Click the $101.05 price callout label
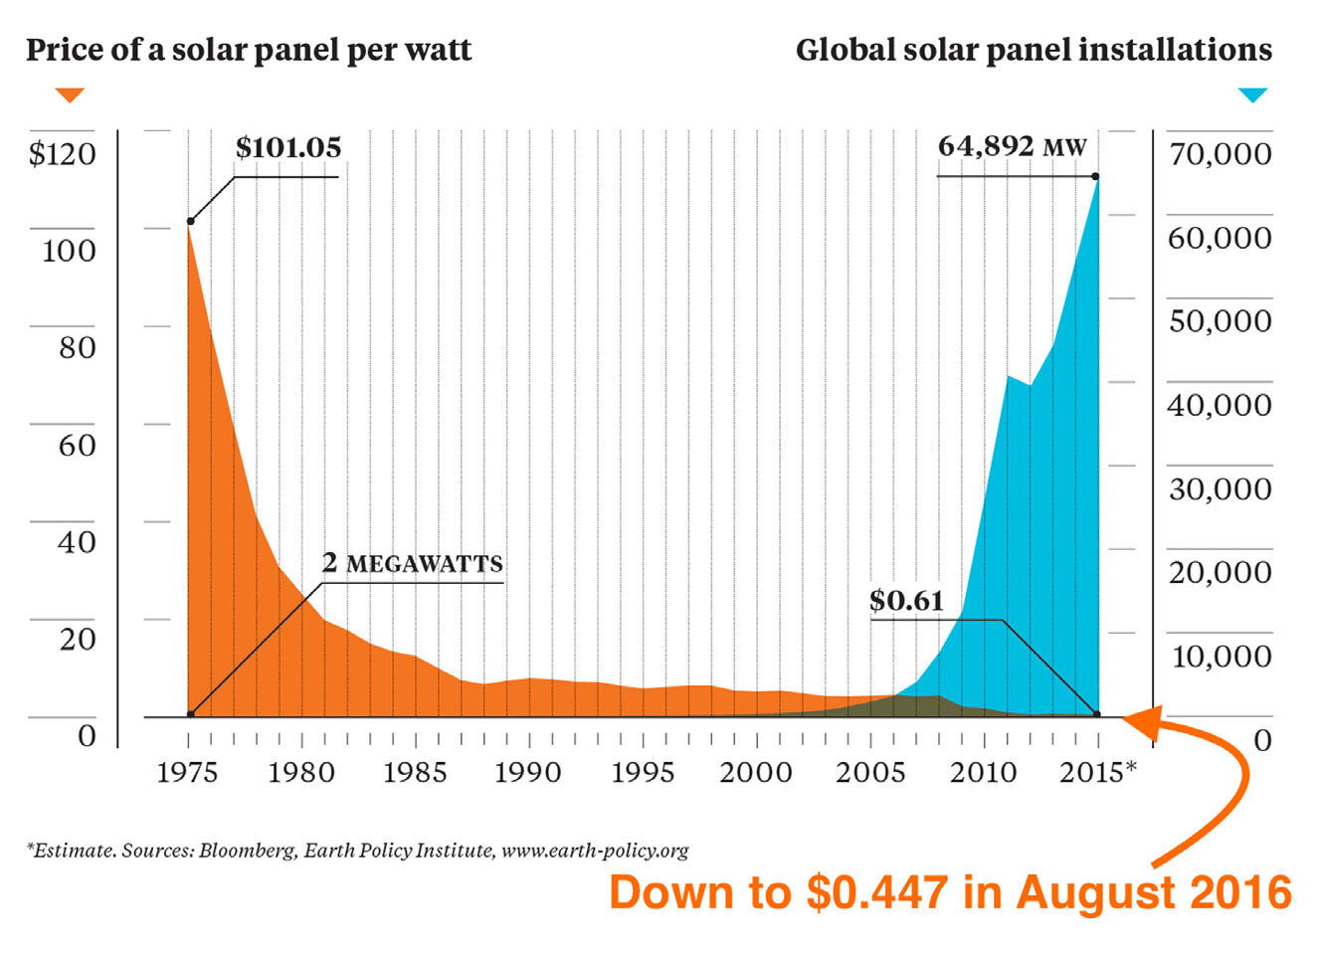[288, 148]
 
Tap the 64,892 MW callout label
[1012, 147]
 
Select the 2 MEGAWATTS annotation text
[413, 563]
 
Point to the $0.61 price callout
[906, 601]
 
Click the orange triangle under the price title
[70, 96]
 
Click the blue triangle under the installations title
[1252, 96]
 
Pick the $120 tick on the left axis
[63, 154]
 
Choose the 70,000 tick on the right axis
[1220, 154]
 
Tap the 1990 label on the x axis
[528, 773]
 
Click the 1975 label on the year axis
[187, 773]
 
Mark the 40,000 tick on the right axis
[1220, 406]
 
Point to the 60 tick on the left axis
[77, 446]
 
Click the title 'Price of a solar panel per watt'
[249, 50]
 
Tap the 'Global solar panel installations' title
[1034, 50]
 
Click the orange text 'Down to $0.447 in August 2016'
[950, 892]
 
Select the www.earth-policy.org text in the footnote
[595, 851]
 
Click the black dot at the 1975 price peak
[190, 221]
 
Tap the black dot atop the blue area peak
[1096, 177]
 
